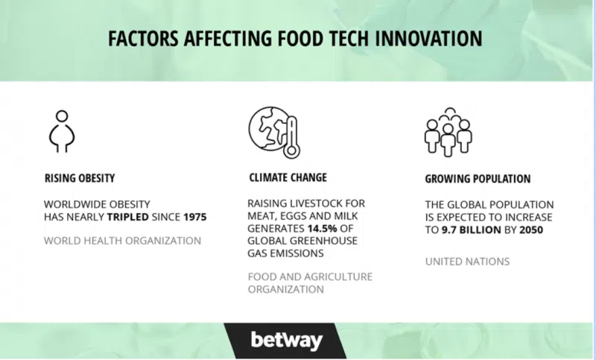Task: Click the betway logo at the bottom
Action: click(x=287, y=340)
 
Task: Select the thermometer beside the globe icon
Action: click(x=291, y=137)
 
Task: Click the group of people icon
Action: click(x=448, y=132)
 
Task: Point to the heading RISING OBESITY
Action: click(x=80, y=178)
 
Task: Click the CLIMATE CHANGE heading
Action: click(x=288, y=177)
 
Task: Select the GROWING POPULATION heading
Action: click(x=478, y=179)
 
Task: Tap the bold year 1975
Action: click(x=194, y=217)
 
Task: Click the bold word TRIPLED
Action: click(x=127, y=217)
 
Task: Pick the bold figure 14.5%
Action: click(x=323, y=229)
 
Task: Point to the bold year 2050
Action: click(x=531, y=230)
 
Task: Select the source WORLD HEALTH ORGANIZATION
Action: click(x=122, y=241)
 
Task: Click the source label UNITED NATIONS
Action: click(x=467, y=262)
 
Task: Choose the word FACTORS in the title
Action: click(x=143, y=39)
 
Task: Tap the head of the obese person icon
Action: click(x=62, y=116)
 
